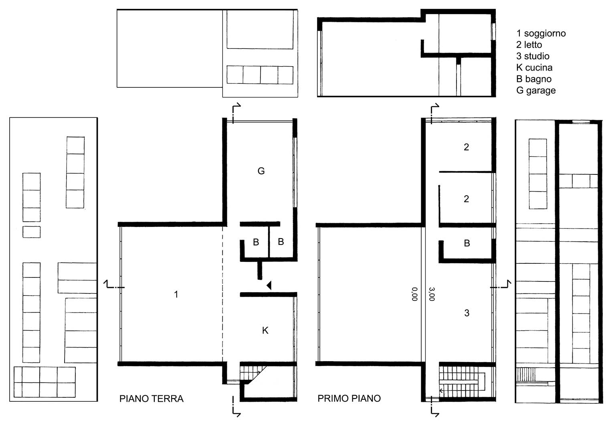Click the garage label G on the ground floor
[261, 171]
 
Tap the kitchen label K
[265, 330]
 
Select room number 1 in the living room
[176, 294]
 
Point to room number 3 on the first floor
[467, 313]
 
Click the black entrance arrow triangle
[269, 285]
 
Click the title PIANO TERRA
[151, 399]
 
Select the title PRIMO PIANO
[349, 398]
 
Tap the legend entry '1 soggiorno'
[541, 33]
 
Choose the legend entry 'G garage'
[536, 90]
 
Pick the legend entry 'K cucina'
[534, 67]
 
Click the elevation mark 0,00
[415, 294]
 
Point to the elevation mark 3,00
[432, 294]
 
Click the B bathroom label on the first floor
[467, 243]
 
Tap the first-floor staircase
[462, 382]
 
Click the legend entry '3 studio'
[533, 56]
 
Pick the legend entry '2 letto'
[529, 45]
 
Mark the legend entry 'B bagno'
[534, 79]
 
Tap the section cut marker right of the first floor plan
[501, 284]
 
